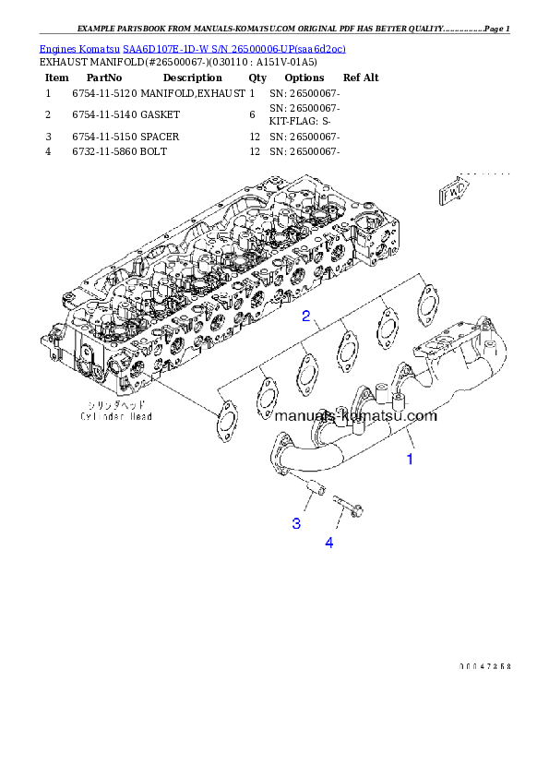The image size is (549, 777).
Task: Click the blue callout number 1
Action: [x=412, y=458]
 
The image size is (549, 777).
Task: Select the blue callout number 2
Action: [x=304, y=317]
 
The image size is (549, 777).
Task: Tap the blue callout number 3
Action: [x=296, y=523]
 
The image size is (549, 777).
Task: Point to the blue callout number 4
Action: [x=328, y=543]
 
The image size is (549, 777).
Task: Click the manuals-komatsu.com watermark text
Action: [x=355, y=415]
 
